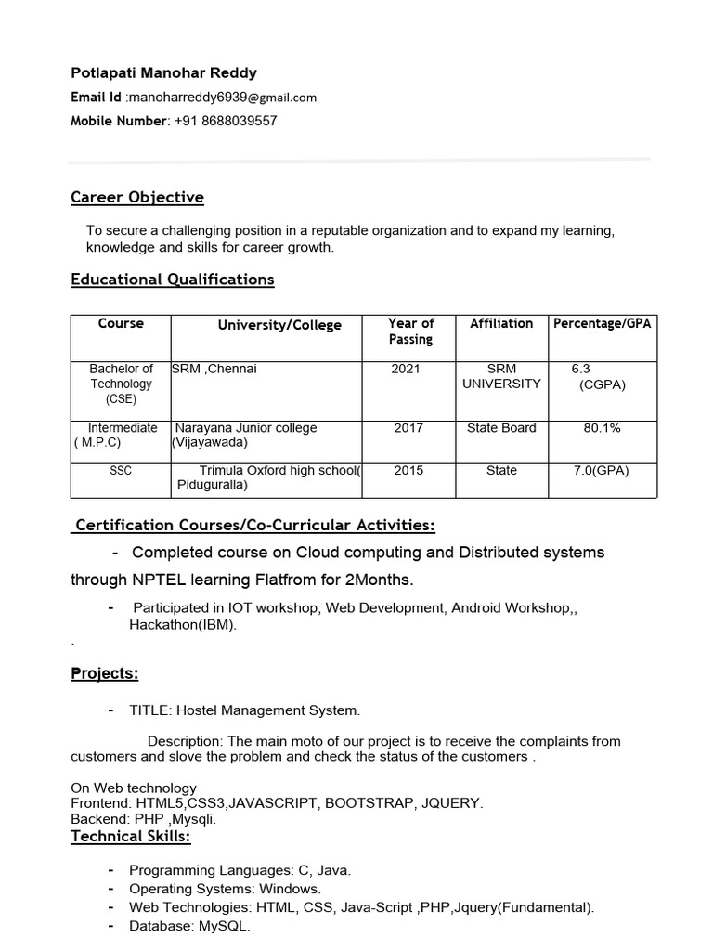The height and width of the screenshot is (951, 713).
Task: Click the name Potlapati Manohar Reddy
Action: tap(164, 72)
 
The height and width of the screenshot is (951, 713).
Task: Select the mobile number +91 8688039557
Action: tap(226, 121)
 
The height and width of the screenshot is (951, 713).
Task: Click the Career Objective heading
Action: tap(137, 197)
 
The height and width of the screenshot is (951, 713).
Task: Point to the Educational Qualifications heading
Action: tap(173, 280)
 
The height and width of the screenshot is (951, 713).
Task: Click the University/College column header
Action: tap(279, 325)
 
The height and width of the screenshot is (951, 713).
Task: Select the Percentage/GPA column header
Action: tap(603, 323)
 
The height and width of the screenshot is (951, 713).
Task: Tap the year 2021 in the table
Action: tap(406, 369)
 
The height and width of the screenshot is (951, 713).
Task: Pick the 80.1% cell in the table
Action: tap(602, 428)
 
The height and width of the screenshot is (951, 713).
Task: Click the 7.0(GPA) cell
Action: tap(602, 471)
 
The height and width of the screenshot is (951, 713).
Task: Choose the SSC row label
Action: tap(121, 471)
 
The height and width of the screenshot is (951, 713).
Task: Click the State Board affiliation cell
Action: tap(501, 428)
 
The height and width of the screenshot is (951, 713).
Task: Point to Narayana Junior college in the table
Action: tap(246, 428)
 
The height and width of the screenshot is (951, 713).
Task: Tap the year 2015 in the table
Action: tap(408, 471)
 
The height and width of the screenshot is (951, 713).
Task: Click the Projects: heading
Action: tap(105, 673)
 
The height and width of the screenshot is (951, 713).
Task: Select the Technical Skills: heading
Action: tap(131, 837)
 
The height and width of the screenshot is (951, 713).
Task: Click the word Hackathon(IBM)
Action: tap(183, 625)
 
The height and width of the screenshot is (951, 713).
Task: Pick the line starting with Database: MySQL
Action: tap(189, 926)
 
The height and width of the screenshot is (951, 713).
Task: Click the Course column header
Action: tap(121, 323)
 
